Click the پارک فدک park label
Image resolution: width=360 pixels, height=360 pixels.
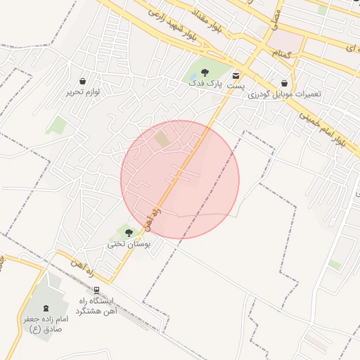(204, 84)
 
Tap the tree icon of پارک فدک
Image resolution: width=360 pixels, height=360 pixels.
(204, 72)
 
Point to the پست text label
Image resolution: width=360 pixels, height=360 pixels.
(238, 85)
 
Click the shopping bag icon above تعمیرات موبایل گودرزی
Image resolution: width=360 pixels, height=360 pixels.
(284, 82)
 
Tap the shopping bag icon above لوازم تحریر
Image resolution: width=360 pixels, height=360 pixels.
(84, 81)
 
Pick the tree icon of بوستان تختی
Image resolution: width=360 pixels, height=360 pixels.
(129, 232)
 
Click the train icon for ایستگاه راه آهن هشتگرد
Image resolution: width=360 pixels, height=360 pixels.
(96, 290)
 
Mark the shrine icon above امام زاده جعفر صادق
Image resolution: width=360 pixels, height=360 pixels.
(46, 307)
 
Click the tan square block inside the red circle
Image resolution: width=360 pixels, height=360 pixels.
(162, 139)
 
